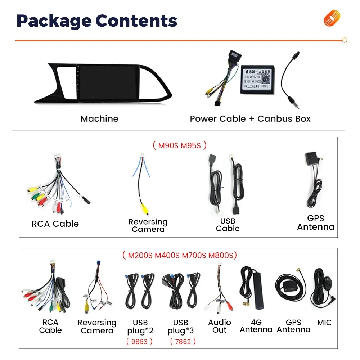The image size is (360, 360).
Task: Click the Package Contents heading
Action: [97, 21]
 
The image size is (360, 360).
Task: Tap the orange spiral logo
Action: [332, 18]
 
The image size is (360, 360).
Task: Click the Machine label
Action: [99, 119]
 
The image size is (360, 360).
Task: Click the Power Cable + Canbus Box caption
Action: [250, 119]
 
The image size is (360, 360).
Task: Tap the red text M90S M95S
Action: [180, 145]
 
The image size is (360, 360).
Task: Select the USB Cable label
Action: [228, 225]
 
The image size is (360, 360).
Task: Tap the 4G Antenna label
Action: [256, 326]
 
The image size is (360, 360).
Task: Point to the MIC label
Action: [324, 323]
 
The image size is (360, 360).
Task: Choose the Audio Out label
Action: [219, 326]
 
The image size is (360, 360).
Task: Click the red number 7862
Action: [183, 341]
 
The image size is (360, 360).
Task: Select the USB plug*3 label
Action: [181, 326]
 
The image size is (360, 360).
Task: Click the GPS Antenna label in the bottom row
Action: [293, 326]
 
